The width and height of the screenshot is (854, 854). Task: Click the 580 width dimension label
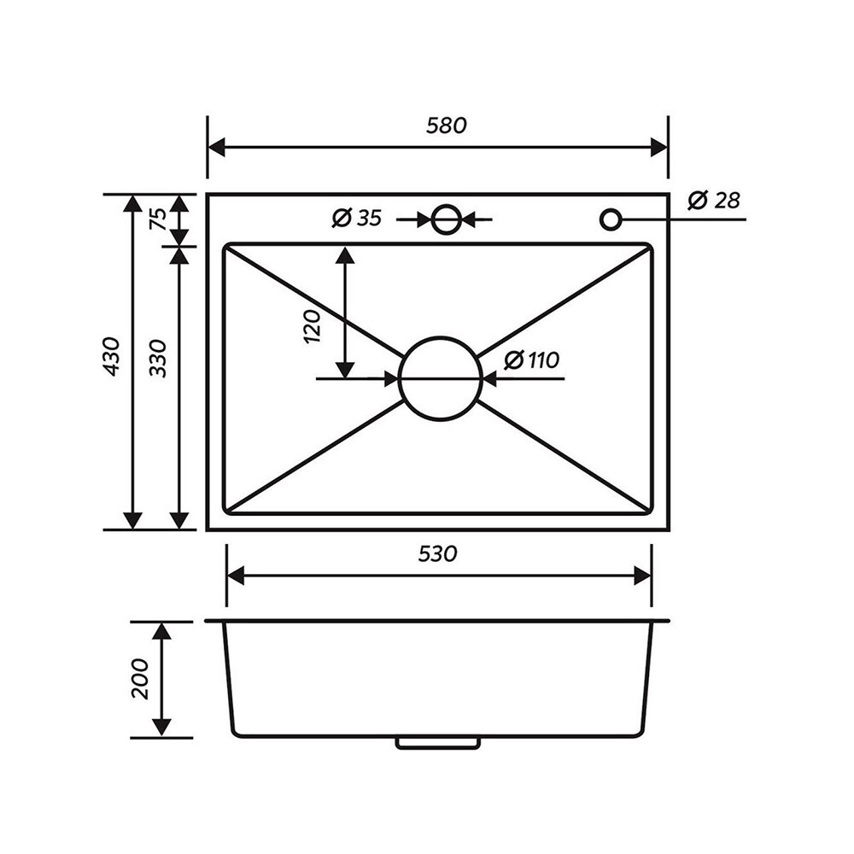(x=446, y=126)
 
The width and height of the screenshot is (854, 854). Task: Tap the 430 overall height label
(x=112, y=357)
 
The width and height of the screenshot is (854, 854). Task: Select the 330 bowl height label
(x=158, y=359)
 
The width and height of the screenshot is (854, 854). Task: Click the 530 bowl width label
(x=437, y=554)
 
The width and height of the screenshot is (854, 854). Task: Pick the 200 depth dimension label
(x=140, y=679)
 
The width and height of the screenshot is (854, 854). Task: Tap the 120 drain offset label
(x=312, y=326)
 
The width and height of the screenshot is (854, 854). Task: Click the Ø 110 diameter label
(x=531, y=360)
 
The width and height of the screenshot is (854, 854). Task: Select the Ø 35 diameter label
(x=357, y=219)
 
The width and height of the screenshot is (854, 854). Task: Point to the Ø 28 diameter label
(x=713, y=200)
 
